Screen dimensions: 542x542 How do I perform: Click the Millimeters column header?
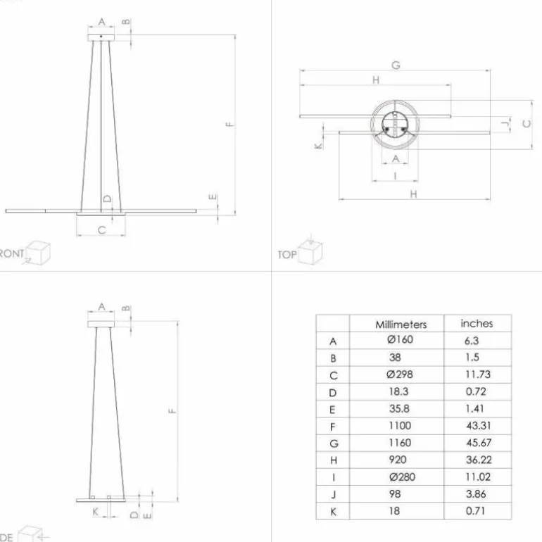click(401, 324)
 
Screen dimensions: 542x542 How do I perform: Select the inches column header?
click(477, 324)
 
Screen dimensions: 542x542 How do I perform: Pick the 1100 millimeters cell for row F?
click(399, 426)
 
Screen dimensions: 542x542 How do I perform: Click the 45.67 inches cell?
click(477, 443)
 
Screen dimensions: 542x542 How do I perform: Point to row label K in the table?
click(334, 512)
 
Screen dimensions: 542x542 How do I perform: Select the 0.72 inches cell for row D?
click(476, 392)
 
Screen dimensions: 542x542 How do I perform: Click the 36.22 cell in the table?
click(477, 460)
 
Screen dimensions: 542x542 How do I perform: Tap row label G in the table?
click(334, 443)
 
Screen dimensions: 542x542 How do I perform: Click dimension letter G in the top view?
click(396, 65)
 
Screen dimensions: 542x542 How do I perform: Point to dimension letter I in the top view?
click(395, 176)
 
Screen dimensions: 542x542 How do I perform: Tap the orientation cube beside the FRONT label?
click(39, 253)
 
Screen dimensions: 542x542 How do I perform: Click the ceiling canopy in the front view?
click(101, 37)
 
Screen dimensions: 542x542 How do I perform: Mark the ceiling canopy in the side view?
click(101, 322)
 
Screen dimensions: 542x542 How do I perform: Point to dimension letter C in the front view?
click(101, 230)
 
